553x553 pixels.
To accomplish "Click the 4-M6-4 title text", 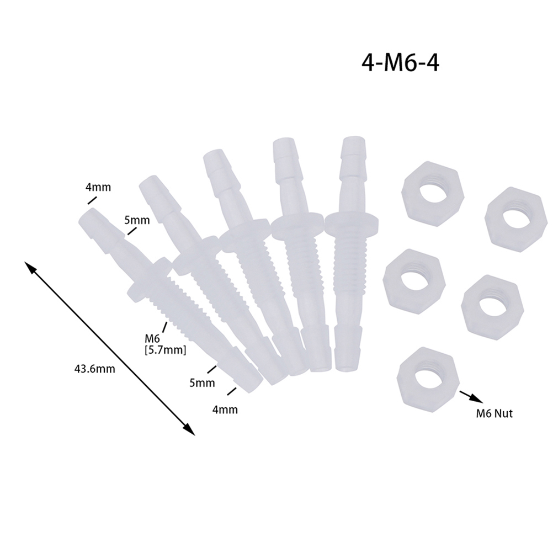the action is pyautogui.click(x=400, y=63).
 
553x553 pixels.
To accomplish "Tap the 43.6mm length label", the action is pyautogui.click(x=94, y=369).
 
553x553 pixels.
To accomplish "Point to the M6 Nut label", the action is pyautogui.click(x=494, y=413).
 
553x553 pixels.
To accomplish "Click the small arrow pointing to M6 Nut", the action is pyautogui.click(x=471, y=396).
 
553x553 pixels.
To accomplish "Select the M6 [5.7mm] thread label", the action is pyautogui.click(x=165, y=344).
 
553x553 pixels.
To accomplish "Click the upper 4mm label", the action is pyautogui.click(x=98, y=187).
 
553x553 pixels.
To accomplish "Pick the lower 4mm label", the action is pyautogui.click(x=225, y=410).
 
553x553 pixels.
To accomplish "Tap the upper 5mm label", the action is pyautogui.click(x=137, y=220).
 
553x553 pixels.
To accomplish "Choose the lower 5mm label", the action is pyautogui.click(x=202, y=382).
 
